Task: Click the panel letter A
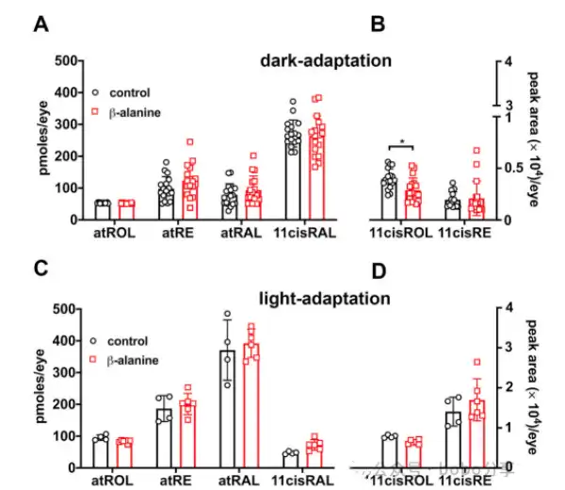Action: pos(41,24)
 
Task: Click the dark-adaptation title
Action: pos(326,61)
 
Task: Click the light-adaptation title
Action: pos(325,300)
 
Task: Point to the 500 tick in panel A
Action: pos(65,61)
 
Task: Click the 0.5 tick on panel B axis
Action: pos(506,168)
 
